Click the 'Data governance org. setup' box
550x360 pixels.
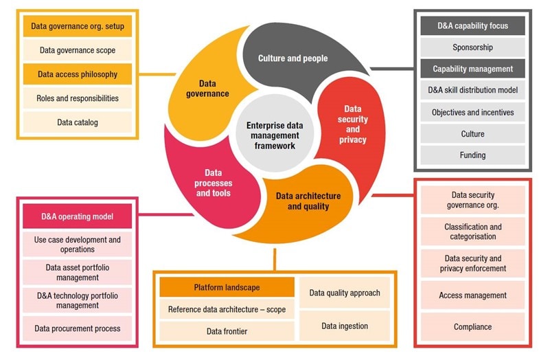tap(77, 27)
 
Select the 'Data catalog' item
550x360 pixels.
tap(77, 122)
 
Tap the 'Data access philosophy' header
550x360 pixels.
tap(77, 74)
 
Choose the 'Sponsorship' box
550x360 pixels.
tap(472, 47)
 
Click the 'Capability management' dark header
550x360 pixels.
tap(472, 69)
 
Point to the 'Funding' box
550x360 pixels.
tap(472, 155)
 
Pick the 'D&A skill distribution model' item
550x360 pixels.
tap(472, 90)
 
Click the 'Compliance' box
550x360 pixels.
tap(472, 327)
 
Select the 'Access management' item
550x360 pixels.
tap(472, 295)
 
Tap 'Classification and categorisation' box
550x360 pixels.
tap(472, 232)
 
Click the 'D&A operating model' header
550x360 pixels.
tap(77, 217)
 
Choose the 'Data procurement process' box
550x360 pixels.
tap(77, 328)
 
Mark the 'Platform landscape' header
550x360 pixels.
tap(227, 287)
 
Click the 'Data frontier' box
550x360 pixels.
tap(227, 331)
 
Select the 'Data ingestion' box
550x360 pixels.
tap(344, 326)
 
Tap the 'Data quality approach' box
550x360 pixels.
tap(344, 293)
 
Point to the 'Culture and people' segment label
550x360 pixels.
tap(293, 58)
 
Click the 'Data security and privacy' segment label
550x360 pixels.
tap(352, 124)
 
